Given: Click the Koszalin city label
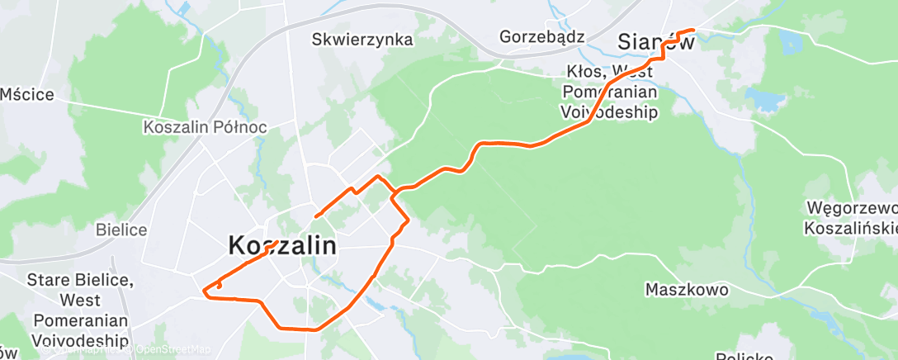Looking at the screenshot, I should (281, 245).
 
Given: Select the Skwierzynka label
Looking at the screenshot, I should (362, 39).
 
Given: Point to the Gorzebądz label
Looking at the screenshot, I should (542, 36).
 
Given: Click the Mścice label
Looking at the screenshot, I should (26, 94).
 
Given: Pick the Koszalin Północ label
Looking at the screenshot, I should (193, 128).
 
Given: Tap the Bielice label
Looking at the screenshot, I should (121, 230).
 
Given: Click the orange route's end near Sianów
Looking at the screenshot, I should (692, 31).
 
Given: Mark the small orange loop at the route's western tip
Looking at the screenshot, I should (218, 286).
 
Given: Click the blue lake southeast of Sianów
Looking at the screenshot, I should (765, 100).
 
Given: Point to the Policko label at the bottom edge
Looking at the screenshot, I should (744, 355).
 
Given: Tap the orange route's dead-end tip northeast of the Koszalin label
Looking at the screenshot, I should (316, 216).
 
